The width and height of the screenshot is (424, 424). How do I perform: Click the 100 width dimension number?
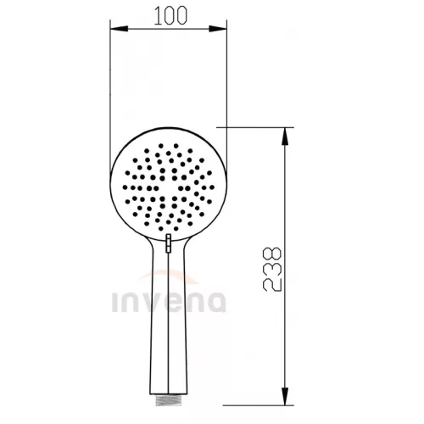coord(170,15)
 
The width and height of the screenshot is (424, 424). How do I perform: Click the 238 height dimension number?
coord(272,270)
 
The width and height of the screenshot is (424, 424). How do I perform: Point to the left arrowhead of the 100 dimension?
coord(119,29)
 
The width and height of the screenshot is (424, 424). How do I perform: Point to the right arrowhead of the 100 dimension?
coord(218,29)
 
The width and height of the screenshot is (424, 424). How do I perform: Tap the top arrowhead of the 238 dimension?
coord(286,137)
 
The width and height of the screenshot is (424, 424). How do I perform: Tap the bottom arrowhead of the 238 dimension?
coord(286,396)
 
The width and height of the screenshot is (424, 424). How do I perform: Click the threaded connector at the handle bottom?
coord(168,400)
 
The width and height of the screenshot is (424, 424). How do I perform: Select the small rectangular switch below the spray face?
coord(169,243)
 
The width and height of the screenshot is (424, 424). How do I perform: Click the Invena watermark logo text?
coord(169,302)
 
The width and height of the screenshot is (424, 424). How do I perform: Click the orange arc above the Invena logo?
coord(169,273)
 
